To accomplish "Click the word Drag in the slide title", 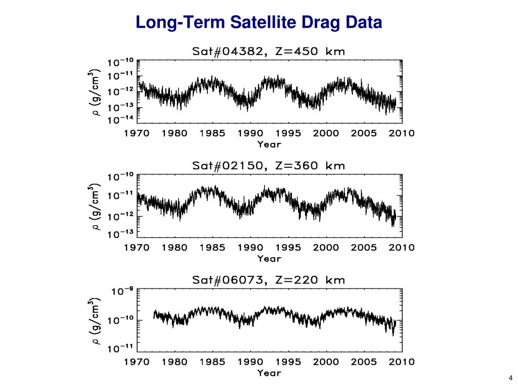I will (x=329, y=23).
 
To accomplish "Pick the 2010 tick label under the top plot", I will (x=402, y=134).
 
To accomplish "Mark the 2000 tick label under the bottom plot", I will (x=326, y=362).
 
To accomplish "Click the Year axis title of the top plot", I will (x=269, y=144).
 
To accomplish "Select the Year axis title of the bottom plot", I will (x=269, y=373).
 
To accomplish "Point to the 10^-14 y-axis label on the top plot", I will (x=120, y=120).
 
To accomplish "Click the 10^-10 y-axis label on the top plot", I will (x=120, y=63).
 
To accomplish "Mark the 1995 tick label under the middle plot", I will (x=288, y=248).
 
